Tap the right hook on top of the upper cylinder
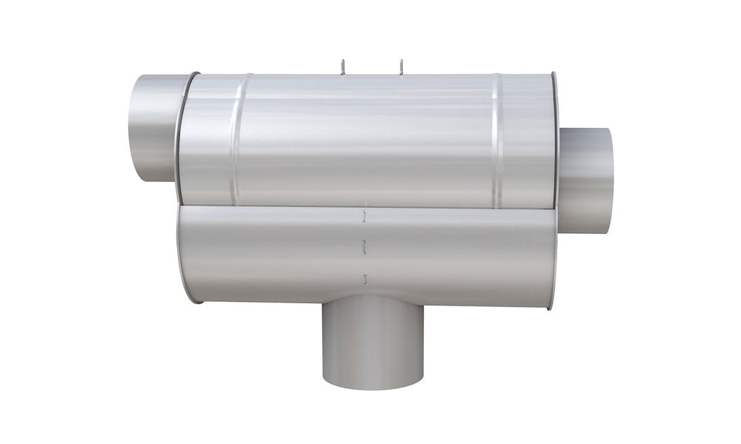pos(400,67)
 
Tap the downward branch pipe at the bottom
pos(372,340)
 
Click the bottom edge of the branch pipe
pos(372,383)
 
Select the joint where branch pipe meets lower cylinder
pos(372,298)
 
